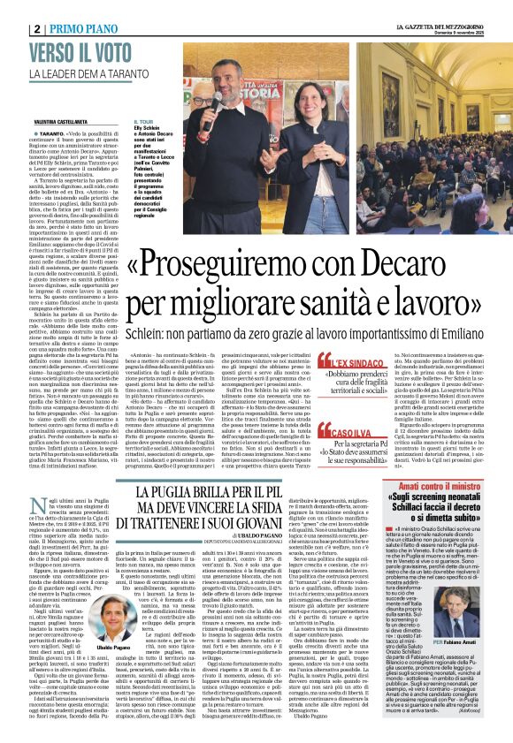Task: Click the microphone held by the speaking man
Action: pos(214,101)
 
